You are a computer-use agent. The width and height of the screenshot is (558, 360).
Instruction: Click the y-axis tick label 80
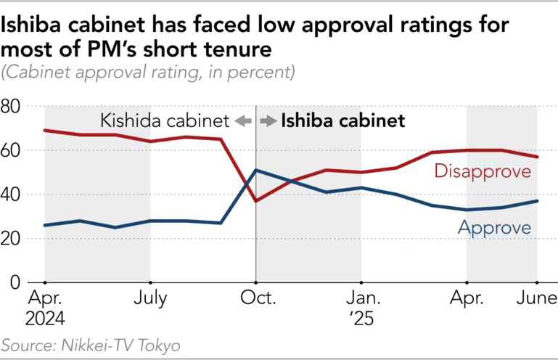pyautogui.click(x=12, y=107)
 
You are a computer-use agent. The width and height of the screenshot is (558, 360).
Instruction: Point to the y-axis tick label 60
pyautogui.click(x=12, y=151)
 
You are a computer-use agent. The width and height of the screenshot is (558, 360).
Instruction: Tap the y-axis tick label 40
pyautogui.click(x=12, y=195)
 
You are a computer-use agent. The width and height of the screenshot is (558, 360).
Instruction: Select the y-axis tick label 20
pyautogui.click(x=12, y=239)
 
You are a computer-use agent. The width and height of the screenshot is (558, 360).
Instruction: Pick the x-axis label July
pyautogui.click(x=150, y=299)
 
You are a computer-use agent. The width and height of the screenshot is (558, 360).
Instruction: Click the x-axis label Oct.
pyautogui.click(x=256, y=299)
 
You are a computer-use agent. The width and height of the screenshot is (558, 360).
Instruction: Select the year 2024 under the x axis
pyautogui.click(x=46, y=318)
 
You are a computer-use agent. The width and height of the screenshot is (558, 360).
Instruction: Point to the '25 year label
pyautogui.click(x=361, y=318)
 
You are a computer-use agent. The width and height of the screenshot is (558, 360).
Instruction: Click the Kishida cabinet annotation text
pyautogui.click(x=165, y=121)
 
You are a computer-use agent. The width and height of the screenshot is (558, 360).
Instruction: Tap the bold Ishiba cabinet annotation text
pyautogui.click(x=342, y=121)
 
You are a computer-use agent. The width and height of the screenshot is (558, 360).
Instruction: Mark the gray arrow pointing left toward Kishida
pyautogui.click(x=242, y=121)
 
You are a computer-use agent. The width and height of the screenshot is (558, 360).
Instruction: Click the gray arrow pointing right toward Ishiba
pyautogui.click(x=268, y=121)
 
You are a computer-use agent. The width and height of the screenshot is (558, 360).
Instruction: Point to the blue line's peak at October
pyautogui.click(x=256, y=170)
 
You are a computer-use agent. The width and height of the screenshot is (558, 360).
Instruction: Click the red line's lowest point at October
pyautogui.click(x=256, y=200)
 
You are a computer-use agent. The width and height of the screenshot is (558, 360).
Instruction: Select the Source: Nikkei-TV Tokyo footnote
pyautogui.click(x=91, y=345)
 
